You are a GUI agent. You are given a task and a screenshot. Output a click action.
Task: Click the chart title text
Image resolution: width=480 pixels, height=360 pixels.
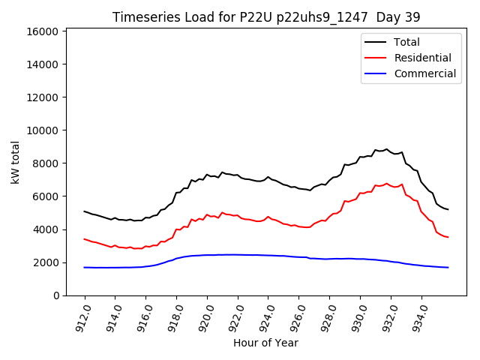tap(266, 16)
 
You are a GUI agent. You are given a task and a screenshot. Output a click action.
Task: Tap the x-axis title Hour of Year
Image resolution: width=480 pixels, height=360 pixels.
tap(265, 343)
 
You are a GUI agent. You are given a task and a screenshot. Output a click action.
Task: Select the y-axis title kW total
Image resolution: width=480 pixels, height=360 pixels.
tap(16, 162)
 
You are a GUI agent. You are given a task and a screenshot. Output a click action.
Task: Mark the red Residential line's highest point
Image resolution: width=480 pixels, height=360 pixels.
tap(387, 183)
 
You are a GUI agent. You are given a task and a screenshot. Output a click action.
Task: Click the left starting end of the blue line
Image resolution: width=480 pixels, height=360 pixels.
tap(84, 268)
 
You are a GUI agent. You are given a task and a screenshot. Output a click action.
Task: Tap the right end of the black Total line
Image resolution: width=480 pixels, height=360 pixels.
tap(448, 209)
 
